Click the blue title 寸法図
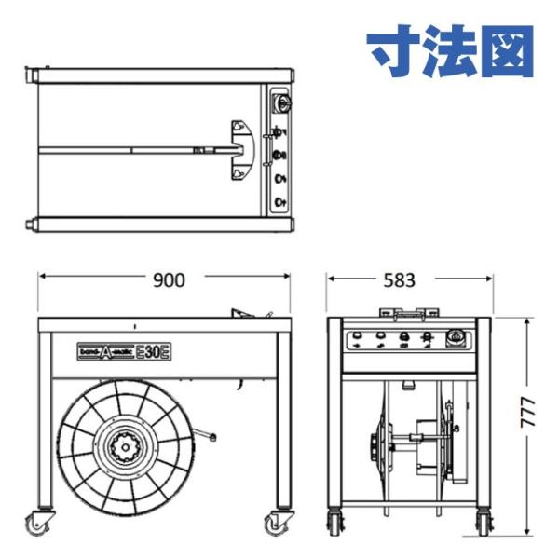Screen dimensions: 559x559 click(451, 51)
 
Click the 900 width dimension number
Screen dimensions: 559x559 click(169, 279)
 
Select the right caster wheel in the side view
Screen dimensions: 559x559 click(277, 525)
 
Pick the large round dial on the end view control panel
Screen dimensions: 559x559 click(456, 338)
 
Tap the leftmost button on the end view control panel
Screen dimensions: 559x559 click(358, 338)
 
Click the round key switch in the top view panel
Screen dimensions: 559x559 click(280, 102)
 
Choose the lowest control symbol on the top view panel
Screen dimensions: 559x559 click(279, 201)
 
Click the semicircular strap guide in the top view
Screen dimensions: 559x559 click(239, 149)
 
